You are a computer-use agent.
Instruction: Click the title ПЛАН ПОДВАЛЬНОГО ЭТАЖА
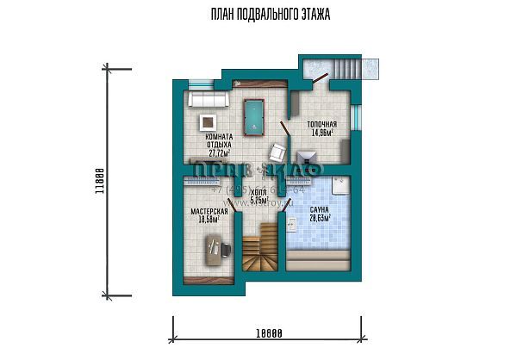point(258,16)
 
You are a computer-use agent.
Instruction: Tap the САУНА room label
point(318,210)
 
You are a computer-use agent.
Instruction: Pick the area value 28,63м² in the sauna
point(318,219)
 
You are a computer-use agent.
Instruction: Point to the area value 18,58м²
point(208,220)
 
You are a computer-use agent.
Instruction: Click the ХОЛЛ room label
point(259,196)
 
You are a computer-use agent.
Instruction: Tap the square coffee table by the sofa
point(208,122)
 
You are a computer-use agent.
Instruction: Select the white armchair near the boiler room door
point(277,152)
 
